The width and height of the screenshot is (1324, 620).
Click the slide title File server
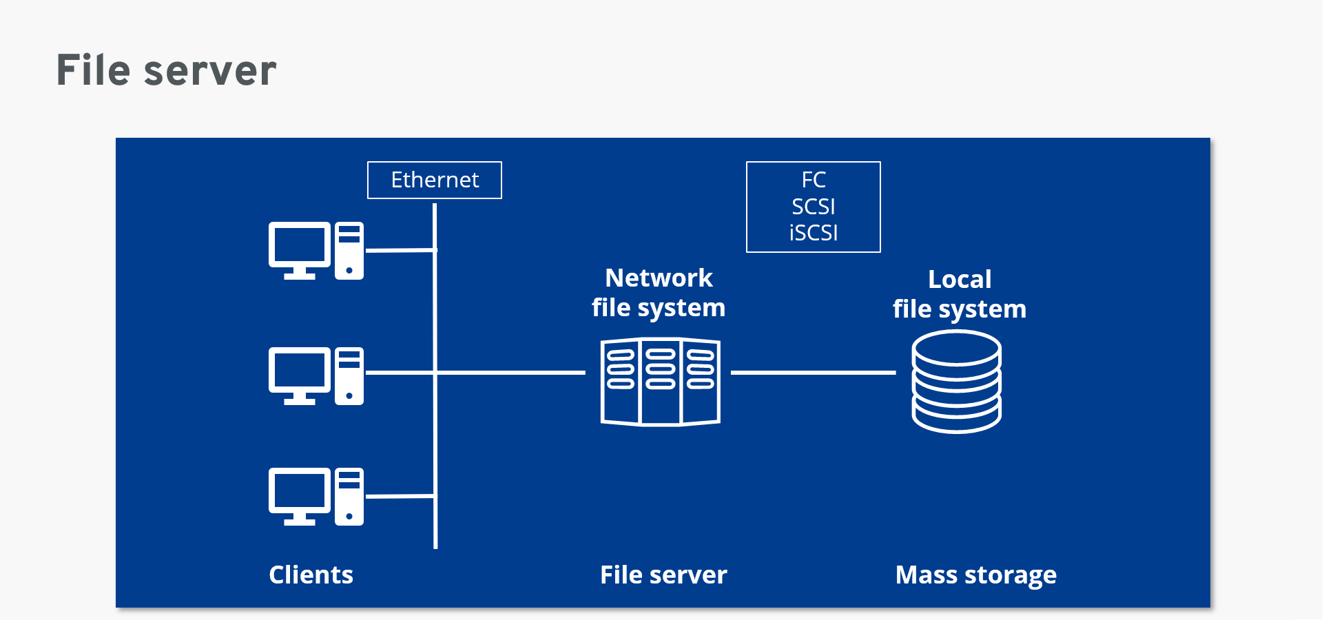[x=166, y=70]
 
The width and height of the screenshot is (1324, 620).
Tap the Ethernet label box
[x=435, y=180]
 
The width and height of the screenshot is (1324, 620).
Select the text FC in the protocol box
[x=813, y=180]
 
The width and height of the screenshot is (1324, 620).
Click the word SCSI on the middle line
[x=813, y=207]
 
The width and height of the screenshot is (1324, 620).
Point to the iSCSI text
[x=813, y=233]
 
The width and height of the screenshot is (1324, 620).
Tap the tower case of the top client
[x=349, y=251]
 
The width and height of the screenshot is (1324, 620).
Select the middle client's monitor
[x=300, y=371]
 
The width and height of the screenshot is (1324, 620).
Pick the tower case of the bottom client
[x=349, y=497]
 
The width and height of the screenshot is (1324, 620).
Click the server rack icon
[x=660, y=382]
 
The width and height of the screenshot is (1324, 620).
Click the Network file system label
[x=659, y=293]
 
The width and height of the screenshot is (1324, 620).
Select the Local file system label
[x=959, y=294]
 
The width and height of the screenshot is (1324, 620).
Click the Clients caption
[x=311, y=575]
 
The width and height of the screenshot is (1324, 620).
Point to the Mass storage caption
[x=975, y=575]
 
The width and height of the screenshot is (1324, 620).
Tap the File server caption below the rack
[x=663, y=575]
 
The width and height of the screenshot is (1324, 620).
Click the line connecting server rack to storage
[x=813, y=373]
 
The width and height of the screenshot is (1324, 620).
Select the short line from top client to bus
[x=400, y=251]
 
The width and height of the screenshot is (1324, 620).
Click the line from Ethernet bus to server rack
[x=510, y=373]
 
